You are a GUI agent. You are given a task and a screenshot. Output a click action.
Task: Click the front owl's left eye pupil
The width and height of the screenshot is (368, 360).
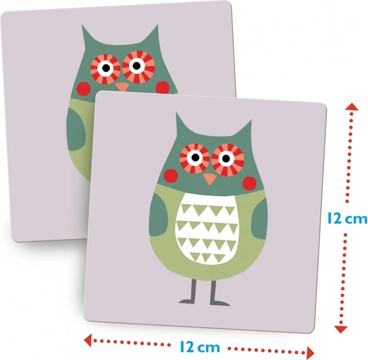(x=195, y=157)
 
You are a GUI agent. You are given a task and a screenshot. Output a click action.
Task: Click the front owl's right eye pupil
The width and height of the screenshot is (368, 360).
(x=226, y=159)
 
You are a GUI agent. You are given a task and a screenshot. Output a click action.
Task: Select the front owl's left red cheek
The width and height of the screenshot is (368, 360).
(x=171, y=176)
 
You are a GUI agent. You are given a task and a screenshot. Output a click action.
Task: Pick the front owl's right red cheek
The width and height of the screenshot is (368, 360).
(x=249, y=183)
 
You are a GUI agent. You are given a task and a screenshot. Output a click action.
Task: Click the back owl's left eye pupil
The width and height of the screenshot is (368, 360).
(x=106, y=68)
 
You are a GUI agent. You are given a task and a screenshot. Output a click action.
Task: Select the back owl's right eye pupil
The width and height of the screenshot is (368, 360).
(x=137, y=66)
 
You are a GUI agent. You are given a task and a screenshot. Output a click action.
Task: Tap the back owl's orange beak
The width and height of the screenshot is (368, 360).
(x=122, y=87)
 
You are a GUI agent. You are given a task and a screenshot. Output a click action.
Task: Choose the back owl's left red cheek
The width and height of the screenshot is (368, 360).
(x=84, y=88)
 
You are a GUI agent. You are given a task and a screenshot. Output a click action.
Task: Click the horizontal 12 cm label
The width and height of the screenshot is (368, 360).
(x=200, y=347)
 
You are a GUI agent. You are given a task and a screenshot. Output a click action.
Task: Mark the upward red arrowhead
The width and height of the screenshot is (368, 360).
(x=352, y=107)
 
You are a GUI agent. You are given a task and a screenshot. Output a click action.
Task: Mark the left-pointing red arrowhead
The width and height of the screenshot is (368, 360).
(x=88, y=339)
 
